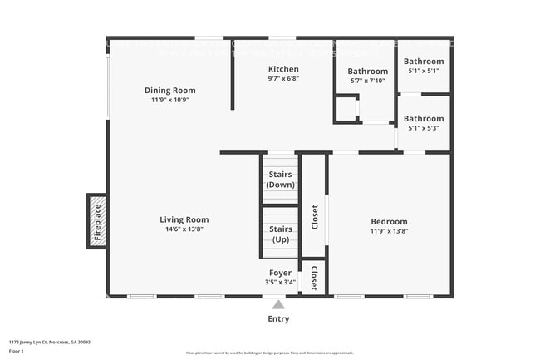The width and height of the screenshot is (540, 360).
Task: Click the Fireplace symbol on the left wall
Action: click(x=96, y=220)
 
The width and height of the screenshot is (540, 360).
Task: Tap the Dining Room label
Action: click(x=169, y=90)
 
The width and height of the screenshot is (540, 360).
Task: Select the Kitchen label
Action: click(x=283, y=69)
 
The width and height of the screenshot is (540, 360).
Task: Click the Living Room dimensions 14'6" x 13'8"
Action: click(x=184, y=229)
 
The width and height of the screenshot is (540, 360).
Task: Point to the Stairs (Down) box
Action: click(x=280, y=179)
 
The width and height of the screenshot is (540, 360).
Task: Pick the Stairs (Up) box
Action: click(x=281, y=234)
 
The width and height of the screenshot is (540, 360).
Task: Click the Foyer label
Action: click(x=280, y=273)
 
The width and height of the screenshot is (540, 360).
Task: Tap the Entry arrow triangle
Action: click(x=279, y=304)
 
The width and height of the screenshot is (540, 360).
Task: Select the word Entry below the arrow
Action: click(x=279, y=319)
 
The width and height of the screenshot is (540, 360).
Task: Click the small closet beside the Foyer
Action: click(x=314, y=278)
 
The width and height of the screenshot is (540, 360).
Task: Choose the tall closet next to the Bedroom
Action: click(x=313, y=217)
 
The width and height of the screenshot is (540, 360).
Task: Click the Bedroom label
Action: click(x=389, y=221)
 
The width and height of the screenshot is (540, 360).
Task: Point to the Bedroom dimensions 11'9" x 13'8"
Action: click(x=389, y=231)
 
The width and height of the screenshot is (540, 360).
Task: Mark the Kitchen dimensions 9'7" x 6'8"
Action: click(x=283, y=79)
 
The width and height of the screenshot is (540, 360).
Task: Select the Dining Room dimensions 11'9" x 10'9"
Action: click(x=169, y=100)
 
